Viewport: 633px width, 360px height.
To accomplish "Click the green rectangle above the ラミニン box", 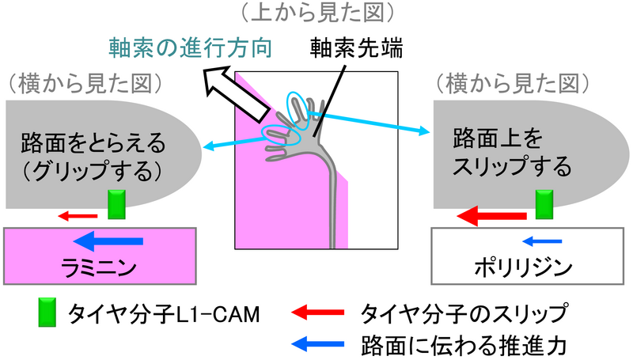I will coord(117,204).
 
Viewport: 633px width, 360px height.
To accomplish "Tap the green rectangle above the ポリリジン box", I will coord(544,204).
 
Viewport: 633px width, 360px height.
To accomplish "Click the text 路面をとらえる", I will coord(93,144).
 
